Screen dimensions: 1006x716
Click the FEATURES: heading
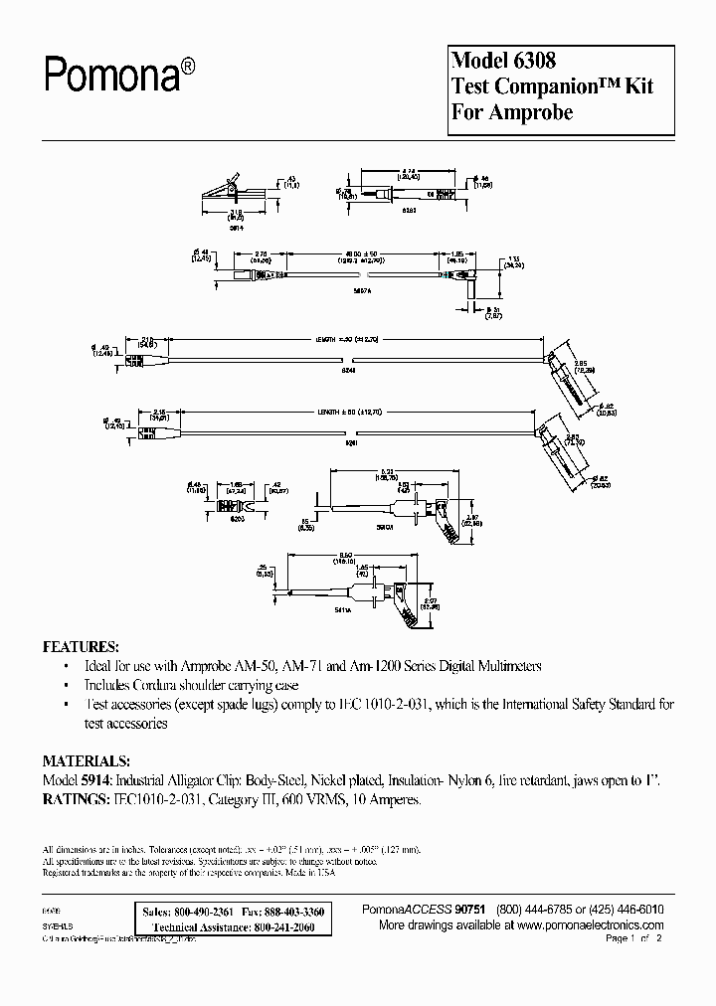[82, 646]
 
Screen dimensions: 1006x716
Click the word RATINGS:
[77, 798]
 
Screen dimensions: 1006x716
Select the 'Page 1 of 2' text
[632, 938]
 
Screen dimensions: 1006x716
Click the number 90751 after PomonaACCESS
[471, 911]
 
